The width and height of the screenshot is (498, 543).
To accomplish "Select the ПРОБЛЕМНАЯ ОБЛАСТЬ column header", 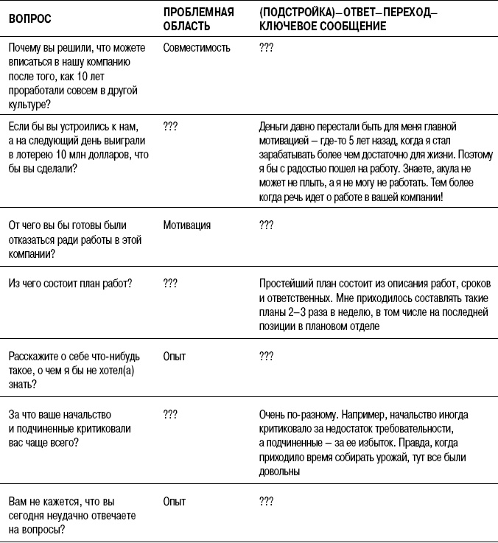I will (x=198, y=18).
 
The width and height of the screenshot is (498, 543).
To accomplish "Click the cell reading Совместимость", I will (x=197, y=48).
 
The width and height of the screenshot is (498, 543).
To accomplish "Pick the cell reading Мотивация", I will (x=187, y=225).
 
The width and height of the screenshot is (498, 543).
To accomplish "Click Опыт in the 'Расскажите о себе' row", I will (x=174, y=357).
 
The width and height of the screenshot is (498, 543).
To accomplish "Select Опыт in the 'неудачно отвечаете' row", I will (x=174, y=501).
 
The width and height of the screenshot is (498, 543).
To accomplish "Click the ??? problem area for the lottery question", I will (x=170, y=126).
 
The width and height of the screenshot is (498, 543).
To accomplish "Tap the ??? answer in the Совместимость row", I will (x=267, y=48).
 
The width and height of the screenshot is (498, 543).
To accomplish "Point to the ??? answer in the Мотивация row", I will (x=267, y=225).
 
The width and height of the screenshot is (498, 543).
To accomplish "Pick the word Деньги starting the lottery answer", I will (x=276, y=126).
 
